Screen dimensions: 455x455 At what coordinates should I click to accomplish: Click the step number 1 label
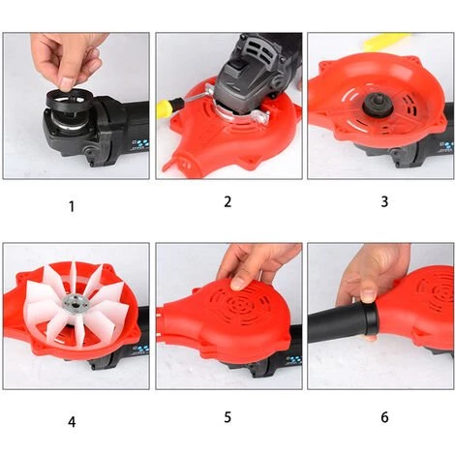point(72,206)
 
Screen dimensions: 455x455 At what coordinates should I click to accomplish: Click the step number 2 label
point(227,202)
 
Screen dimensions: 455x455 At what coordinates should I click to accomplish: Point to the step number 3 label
point(384,201)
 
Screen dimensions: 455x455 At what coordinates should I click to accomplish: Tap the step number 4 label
point(72,422)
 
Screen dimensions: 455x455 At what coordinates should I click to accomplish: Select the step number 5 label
point(227,417)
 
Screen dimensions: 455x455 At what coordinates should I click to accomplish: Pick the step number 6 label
point(384,417)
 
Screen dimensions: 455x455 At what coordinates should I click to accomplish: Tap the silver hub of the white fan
point(72,303)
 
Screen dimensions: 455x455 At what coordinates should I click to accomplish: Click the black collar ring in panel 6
point(370,318)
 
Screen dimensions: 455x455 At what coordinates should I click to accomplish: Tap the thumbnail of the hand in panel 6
point(368,295)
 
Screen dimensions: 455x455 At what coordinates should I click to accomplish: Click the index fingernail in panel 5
point(238,284)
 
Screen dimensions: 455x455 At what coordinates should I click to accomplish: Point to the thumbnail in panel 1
point(67,84)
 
